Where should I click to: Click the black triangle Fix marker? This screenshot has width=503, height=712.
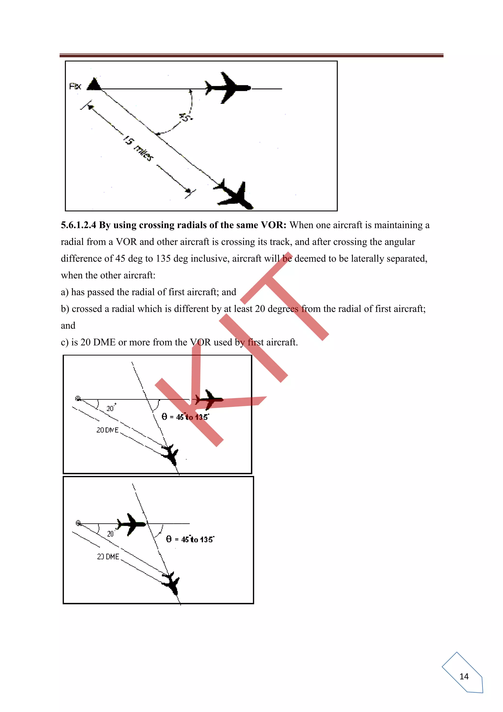click(x=94, y=84)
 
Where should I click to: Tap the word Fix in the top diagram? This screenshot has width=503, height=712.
click(x=75, y=86)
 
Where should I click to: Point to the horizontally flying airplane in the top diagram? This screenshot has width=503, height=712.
click(x=227, y=88)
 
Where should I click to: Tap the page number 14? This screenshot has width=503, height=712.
click(x=464, y=676)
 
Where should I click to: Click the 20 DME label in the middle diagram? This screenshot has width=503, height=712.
click(x=108, y=430)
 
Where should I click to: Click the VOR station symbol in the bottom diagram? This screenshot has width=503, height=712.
click(x=78, y=523)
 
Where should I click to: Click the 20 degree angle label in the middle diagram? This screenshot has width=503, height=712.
click(x=111, y=408)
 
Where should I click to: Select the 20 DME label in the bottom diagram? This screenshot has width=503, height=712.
click(x=108, y=557)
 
